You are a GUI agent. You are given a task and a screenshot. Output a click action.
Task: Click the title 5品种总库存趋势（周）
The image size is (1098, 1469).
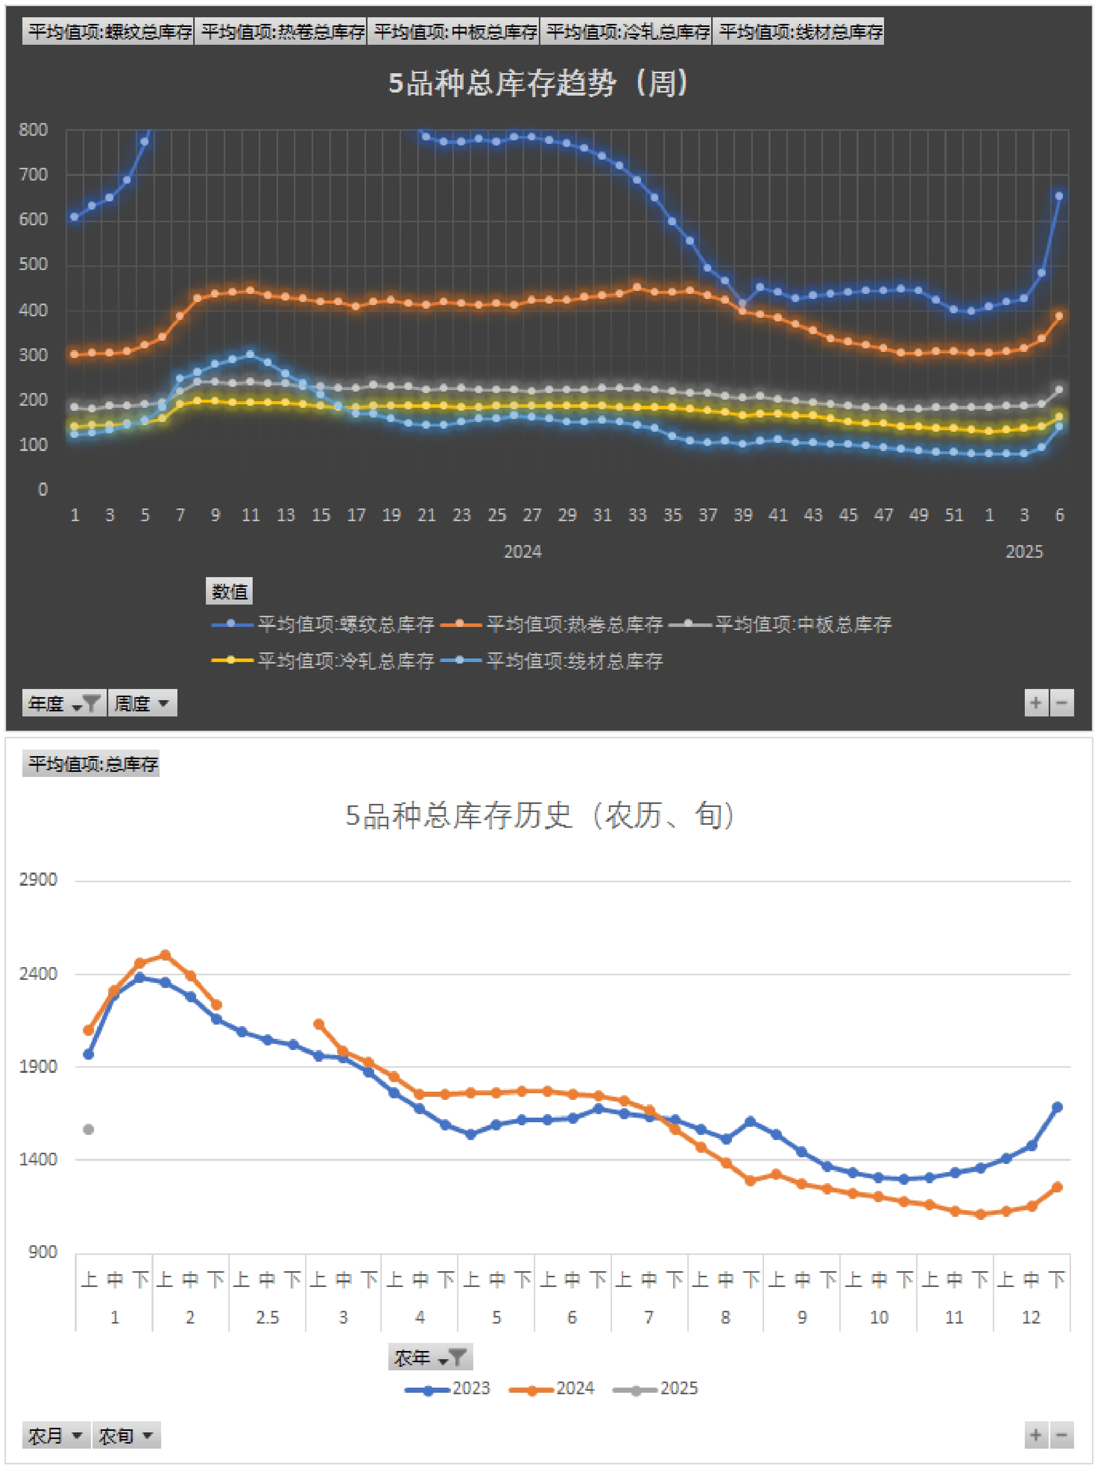point(539,84)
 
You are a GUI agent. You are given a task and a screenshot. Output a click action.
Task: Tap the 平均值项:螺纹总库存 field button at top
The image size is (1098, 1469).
point(108,31)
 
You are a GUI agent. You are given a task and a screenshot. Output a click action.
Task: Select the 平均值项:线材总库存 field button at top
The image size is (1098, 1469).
point(799,31)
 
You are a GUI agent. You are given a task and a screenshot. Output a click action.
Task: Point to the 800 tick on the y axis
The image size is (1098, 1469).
point(33,130)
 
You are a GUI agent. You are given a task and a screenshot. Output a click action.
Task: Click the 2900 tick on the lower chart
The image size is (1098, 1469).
point(38,880)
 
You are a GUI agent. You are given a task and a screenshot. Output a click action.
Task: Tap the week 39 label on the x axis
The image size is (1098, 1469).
point(743,516)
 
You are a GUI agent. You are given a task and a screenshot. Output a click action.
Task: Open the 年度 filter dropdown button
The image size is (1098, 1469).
point(64,703)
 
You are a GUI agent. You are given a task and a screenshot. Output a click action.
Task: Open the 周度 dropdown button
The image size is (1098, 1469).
point(142,703)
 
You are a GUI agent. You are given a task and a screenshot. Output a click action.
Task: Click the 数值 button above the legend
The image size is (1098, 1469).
point(229,591)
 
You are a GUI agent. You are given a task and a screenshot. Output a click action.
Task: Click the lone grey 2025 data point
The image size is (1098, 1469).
point(88,1129)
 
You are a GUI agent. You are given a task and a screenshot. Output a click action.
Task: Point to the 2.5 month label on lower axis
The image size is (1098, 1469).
point(267,1317)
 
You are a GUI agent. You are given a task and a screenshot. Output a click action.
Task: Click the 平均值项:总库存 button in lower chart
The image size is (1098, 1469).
point(91,764)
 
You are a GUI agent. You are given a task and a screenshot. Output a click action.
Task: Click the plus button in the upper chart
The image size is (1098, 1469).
point(1035,703)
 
